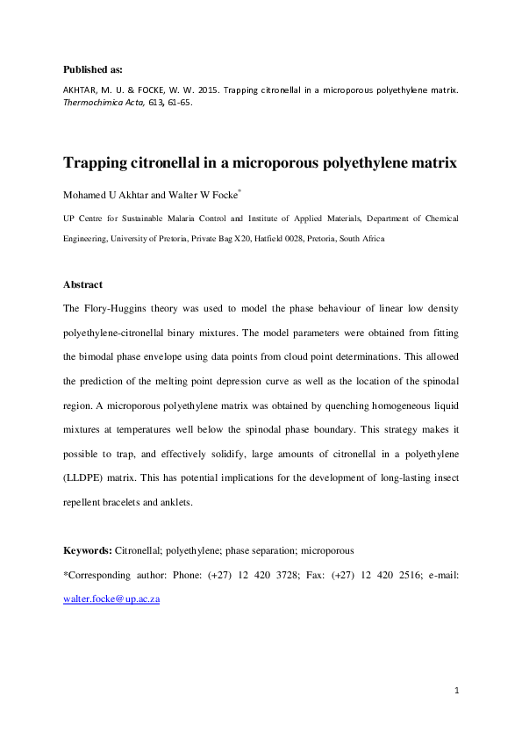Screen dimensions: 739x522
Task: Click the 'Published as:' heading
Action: point(93,68)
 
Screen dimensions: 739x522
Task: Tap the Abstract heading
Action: point(83,284)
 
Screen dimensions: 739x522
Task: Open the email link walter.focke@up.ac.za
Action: point(111,600)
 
